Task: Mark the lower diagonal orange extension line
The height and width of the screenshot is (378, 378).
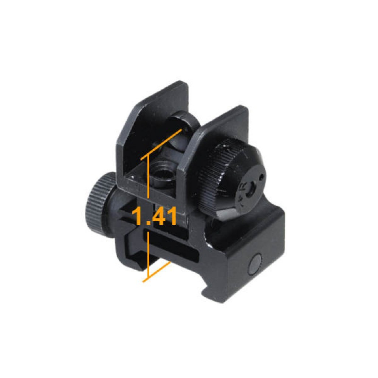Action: click(x=156, y=271)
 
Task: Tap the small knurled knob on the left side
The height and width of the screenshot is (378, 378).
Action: click(x=99, y=200)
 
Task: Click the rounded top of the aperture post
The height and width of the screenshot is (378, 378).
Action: click(x=184, y=117)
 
